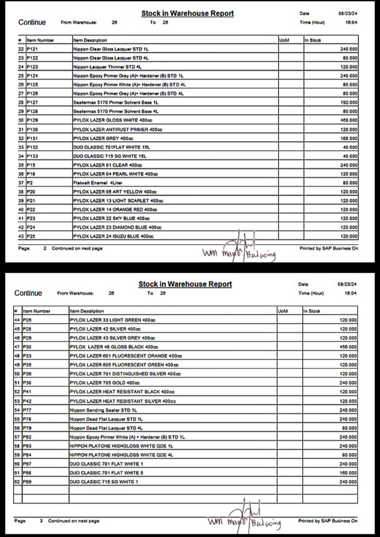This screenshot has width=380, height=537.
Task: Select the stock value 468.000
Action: pyautogui.click(x=349, y=120)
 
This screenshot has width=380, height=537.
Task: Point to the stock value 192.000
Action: pyautogui.click(x=349, y=102)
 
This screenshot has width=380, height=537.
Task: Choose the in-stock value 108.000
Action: pyautogui.click(x=349, y=138)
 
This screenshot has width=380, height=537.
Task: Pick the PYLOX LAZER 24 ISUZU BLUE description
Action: pyautogui.click(x=117, y=236)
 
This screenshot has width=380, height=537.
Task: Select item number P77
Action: pyautogui.click(x=28, y=410)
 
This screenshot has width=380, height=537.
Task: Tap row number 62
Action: pyautogui.click(x=17, y=482)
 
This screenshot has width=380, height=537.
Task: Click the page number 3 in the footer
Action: pyautogui.click(x=41, y=521)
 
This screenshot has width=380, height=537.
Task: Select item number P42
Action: pyautogui.click(x=28, y=401)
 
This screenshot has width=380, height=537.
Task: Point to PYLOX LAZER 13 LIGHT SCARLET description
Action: pyautogui.click(x=118, y=201)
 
